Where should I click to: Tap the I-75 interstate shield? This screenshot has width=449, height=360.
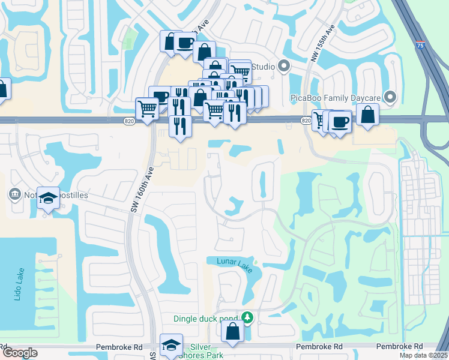coord(420,44)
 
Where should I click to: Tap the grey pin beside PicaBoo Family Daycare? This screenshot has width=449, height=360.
coord(391,97)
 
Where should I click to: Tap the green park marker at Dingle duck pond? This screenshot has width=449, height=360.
coord(247,317)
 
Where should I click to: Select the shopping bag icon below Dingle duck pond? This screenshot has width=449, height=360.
coord(232,331)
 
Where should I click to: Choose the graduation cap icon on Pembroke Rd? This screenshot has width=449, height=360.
coord(171,345)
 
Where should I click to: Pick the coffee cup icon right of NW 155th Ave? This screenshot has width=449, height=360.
coord(340,122)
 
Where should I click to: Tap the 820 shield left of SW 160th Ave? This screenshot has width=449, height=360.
coord(130,121)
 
